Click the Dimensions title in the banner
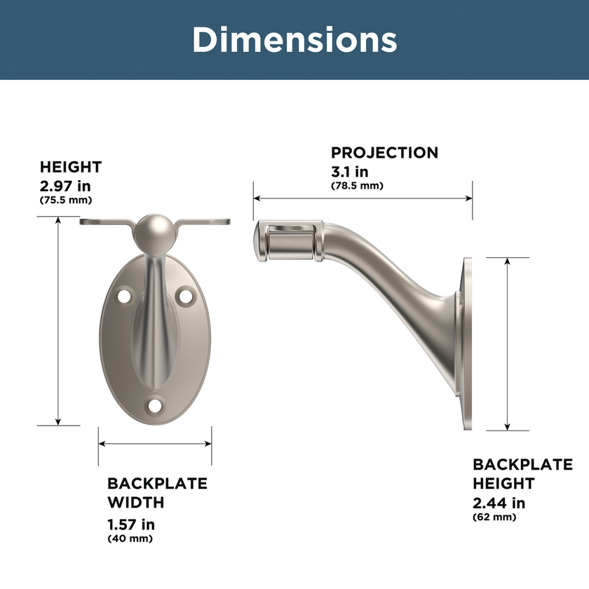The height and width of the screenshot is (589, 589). pyautogui.click(x=294, y=40)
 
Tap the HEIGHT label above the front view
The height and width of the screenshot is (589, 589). pyautogui.click(x=71, y=167)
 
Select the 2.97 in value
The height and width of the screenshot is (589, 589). pyautogui.click(x=65, y=186)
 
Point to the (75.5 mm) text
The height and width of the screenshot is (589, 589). pyautogui.click(x=66, y=201)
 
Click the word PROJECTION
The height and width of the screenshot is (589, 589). pyautogui.click(x=384, y=153)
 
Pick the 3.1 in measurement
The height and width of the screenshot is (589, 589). pyautogui.click(x=350, y=172)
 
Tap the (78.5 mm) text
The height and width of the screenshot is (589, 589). pyautogui.click(x=357, y=186)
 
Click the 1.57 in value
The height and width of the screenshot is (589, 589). pyautogui.click(x=131, y=524)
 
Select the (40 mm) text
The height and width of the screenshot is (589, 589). pyautogui.click(x=130, y=539)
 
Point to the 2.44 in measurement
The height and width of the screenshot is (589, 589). pyautogui.click(x=499, y=503)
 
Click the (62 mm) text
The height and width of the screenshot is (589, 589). pyautogui.click(x=494, y=517)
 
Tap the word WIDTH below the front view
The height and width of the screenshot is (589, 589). pyautogui.click(x=135, y=503)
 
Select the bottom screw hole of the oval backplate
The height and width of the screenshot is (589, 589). pyautogui.click(x=155, y=405)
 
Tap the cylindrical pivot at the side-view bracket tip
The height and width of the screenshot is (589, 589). pyautogui.click(x=289, y=242)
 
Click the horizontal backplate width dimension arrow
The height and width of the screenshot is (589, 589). pyautogui.click(x=155, y=443)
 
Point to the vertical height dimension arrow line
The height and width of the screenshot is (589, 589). pyautogui.click(x=59, y=320)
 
